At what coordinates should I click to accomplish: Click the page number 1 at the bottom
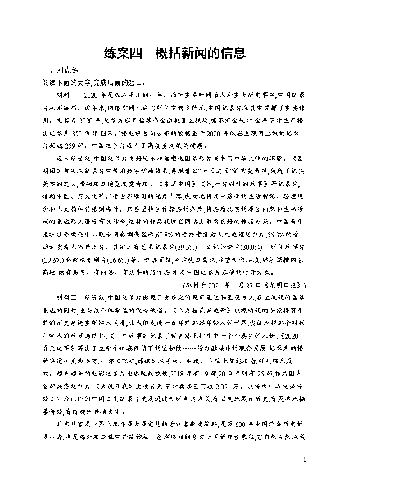(304, 460)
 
